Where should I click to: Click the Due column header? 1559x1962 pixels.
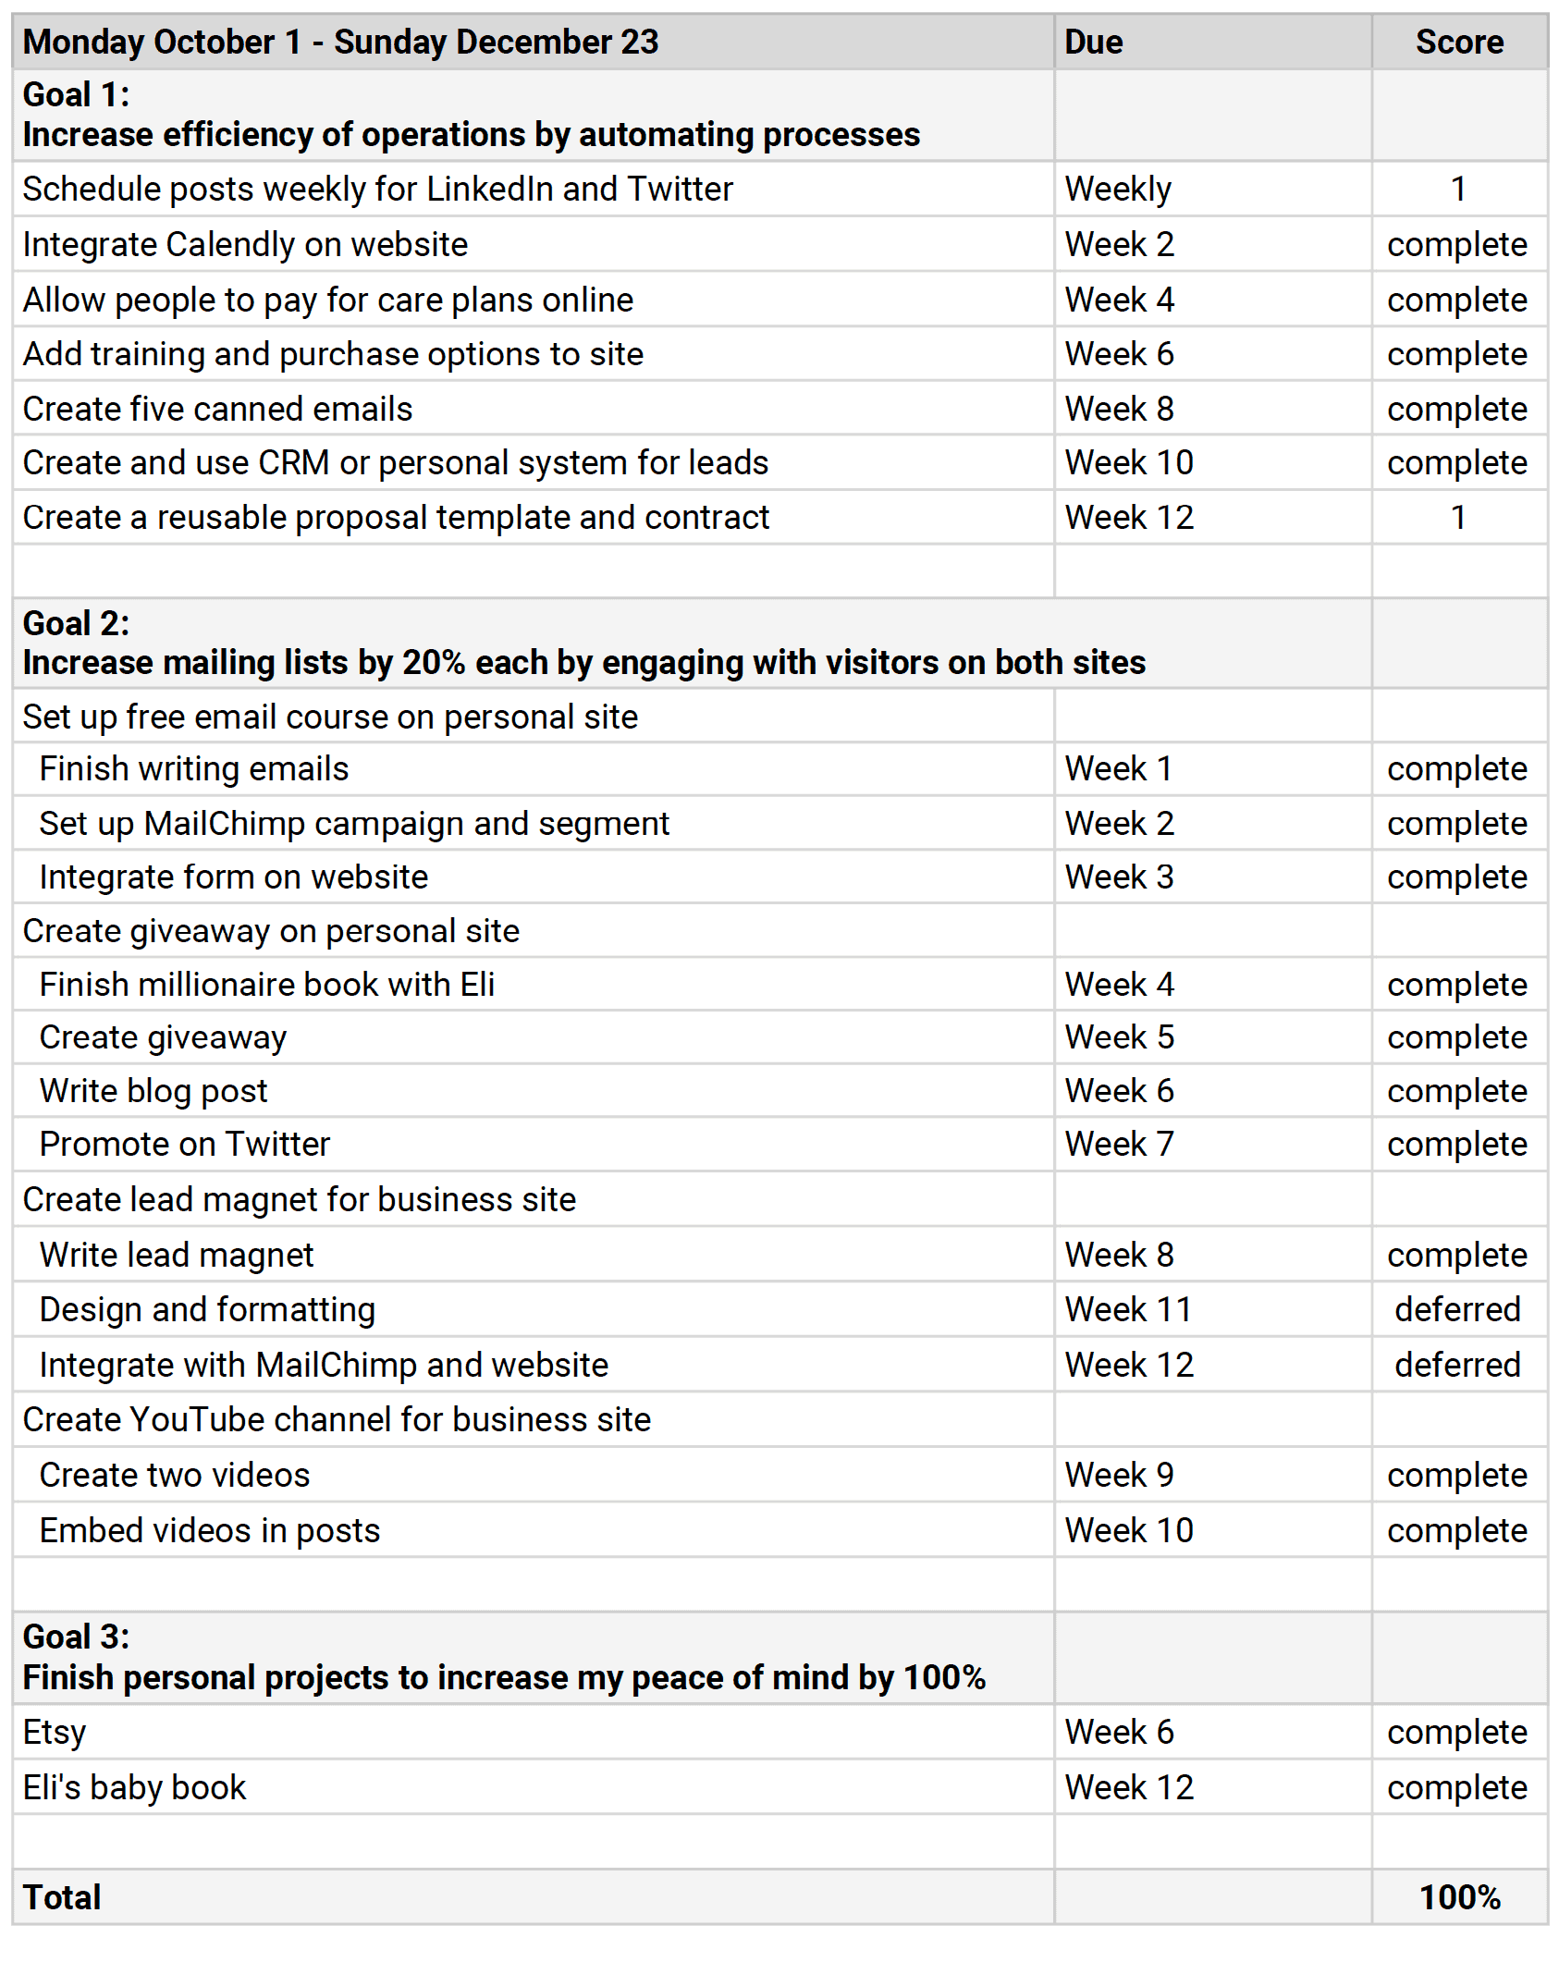pos(1093,43)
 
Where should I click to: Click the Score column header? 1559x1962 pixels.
pos(1459,43)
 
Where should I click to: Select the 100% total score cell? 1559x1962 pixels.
pos(1459,1896)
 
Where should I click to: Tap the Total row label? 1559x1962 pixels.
pos(62,1896)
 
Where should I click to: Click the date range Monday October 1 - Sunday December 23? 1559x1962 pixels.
pos(340,43)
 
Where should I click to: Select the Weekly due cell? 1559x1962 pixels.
pos(1118,190)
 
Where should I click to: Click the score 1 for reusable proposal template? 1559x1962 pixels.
pos(1458,518)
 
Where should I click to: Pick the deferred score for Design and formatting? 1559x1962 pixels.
pos(1457,1309)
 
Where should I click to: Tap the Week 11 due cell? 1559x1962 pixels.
pos(1127,1309)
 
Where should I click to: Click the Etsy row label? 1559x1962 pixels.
pos(55,1732)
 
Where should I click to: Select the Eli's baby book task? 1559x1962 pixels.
pos(135,1787)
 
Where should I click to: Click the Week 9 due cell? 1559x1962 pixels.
pos(1119,1475)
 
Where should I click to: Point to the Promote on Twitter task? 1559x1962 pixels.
pos(185,1145)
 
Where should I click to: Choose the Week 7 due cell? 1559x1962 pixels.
pos(1119,1145)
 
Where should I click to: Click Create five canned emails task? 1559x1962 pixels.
pos(218,409)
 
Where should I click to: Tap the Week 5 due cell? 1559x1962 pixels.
pos(1119,1037)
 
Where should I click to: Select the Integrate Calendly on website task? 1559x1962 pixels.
pos(246,245)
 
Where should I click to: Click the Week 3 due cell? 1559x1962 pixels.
pos(1119,877)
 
